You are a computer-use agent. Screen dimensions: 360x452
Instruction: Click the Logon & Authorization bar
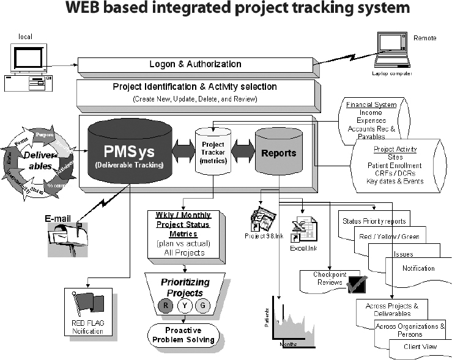195,64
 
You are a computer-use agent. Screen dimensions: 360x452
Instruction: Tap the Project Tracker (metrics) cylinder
213,156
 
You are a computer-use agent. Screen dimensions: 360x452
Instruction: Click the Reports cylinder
275,153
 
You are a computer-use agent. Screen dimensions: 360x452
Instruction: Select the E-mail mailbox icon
65,235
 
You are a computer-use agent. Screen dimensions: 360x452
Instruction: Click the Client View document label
419,347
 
